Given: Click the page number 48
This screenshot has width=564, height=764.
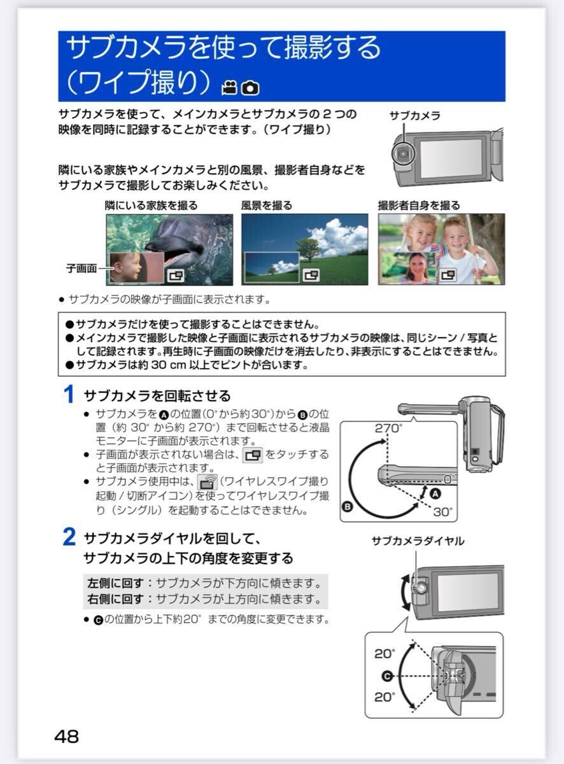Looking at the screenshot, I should (x=67, y=737).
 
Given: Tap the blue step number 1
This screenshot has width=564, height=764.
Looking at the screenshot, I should (x=69, y=395).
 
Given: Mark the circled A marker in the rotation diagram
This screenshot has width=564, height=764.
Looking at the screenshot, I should (x=435, y=494).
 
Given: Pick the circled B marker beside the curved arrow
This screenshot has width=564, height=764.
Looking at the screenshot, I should (x=348, y=507).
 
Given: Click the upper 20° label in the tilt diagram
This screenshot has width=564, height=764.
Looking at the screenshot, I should (x=384, y=654).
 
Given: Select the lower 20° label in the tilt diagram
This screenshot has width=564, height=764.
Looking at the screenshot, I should (x=384, y=697).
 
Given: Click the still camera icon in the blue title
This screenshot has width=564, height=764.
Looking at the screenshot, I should (x=251, y=88).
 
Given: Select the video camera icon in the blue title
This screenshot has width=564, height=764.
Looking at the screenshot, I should (x=229, y=88).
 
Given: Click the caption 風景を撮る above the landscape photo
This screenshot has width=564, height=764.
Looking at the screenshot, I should (x=267, y=205).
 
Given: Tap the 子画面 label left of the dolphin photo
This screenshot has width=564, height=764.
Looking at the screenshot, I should (x=81, y=268).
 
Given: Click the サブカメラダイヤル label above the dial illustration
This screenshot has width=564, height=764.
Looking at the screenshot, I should (x=418, y=541).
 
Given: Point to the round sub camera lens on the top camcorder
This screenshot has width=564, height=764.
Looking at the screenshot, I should (x=402, y=155).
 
